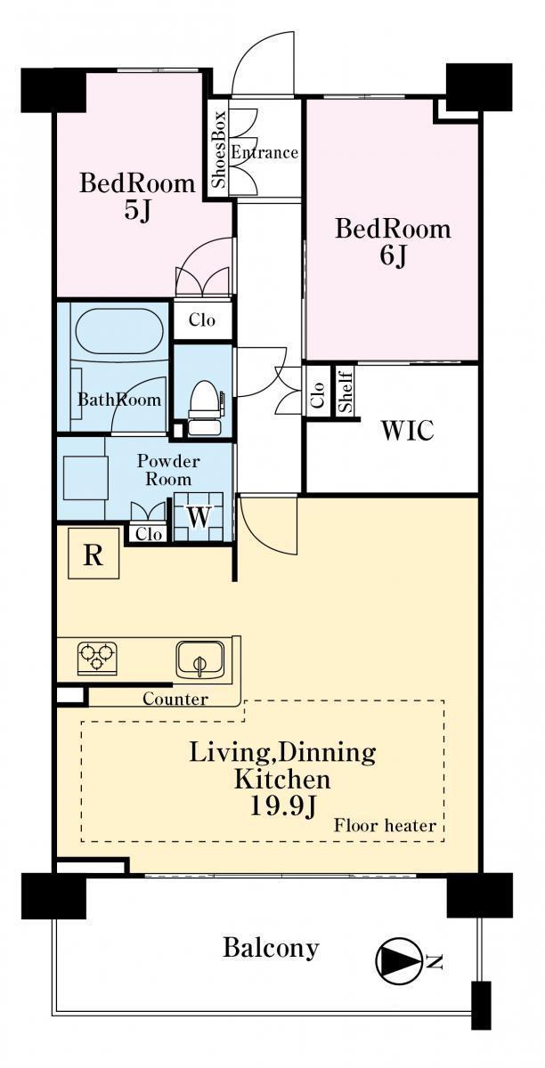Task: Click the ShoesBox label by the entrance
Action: click(219, 149)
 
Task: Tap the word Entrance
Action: click(264, 152)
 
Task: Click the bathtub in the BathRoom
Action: click(120, 331)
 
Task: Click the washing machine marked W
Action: click(199, 517)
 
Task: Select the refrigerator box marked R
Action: click(94, 553)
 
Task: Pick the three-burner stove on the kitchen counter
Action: click(97, 658)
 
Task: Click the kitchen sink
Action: click(200, 659)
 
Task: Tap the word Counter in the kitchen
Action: click(175, 699)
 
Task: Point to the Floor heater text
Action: click(385, 825)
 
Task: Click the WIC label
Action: click(407, 430)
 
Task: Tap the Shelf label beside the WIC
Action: click(345, 392)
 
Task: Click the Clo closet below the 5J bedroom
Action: click(202, 320)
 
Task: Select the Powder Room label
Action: click(168, 470)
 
